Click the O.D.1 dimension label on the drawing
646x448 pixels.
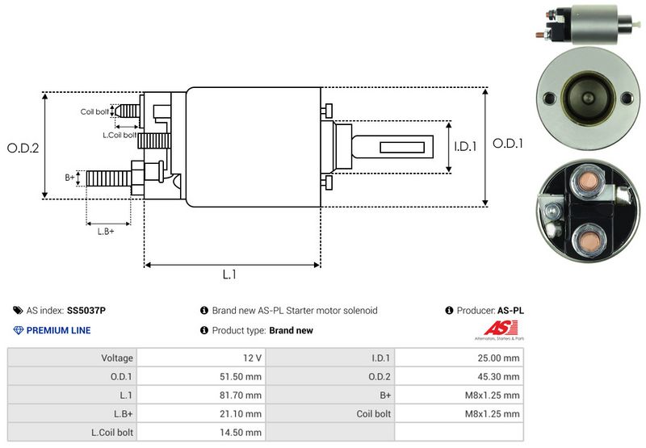click(x=508, y=144)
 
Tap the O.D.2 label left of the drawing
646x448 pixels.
click(x=23, y=148)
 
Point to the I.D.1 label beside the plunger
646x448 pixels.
click(x=465, y=146)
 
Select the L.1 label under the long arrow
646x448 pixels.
click(x=229, y=274)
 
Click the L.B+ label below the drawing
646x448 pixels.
click(x=106, y=232)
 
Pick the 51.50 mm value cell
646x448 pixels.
click(x=241, y=377)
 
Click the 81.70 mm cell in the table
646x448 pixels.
click(x=241, y=396)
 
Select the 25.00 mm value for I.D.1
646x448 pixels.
click(x=498, y=358)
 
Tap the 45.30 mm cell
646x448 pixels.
click(x=498, y=377)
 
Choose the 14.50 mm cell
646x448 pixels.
click(x=241, y=433)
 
